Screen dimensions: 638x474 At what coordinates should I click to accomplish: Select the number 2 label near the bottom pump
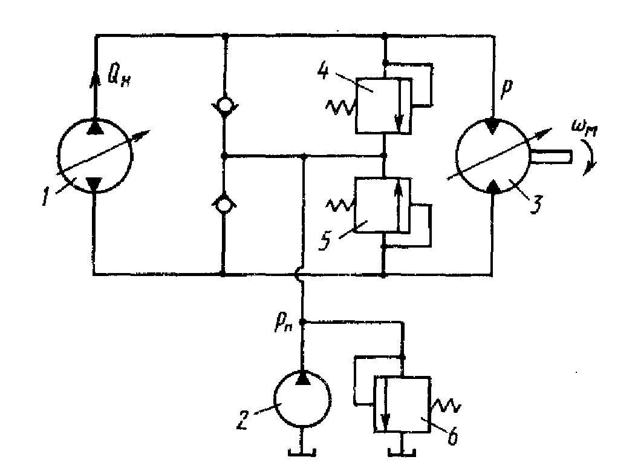coord(242,421)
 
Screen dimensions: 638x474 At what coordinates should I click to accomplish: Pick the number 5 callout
coord(325,242)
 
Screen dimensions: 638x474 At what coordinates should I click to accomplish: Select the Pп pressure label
coord(284,324)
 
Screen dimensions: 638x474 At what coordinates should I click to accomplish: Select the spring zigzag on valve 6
coord(445,405)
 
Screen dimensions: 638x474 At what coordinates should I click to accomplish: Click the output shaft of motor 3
coord(550,156)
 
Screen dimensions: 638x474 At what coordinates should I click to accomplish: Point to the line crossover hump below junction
coord(298,275)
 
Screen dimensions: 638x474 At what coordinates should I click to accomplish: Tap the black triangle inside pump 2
coord(302,378)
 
